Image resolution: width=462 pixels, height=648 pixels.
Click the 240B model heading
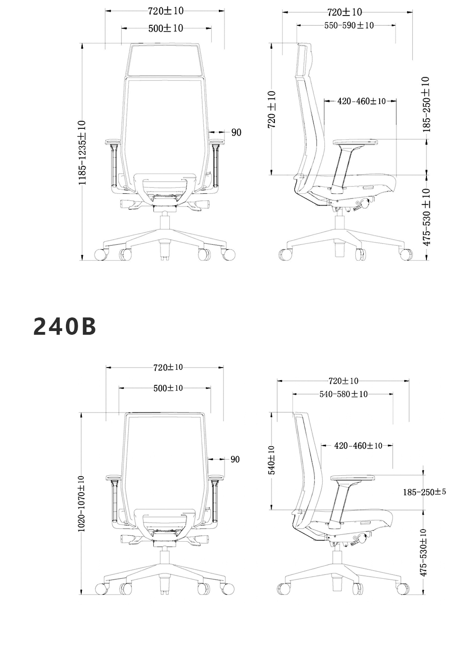pos(65,326)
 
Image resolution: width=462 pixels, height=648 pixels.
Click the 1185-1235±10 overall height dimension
pos(82,153)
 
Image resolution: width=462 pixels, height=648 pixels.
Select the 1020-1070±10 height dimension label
pos(81,504)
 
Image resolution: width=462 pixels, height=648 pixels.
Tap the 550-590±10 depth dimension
pos(349,25)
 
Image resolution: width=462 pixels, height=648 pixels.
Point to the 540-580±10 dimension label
pos(344,394)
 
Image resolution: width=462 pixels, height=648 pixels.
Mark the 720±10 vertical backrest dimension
pos(272,110)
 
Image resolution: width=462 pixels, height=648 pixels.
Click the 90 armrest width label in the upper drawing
pos(236,133)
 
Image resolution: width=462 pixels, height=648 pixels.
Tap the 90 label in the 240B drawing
pos(235,459)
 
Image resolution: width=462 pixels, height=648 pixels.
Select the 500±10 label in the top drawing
pos(166,29)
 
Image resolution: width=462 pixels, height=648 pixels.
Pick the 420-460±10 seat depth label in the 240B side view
pos(358,446)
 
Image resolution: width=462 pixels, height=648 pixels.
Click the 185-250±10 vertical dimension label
pos(426,104)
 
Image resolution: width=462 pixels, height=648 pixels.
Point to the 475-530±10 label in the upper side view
pos(426,217)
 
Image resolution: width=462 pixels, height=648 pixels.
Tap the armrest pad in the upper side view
pos(355,142)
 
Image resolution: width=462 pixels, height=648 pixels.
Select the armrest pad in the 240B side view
pos(353,478)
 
